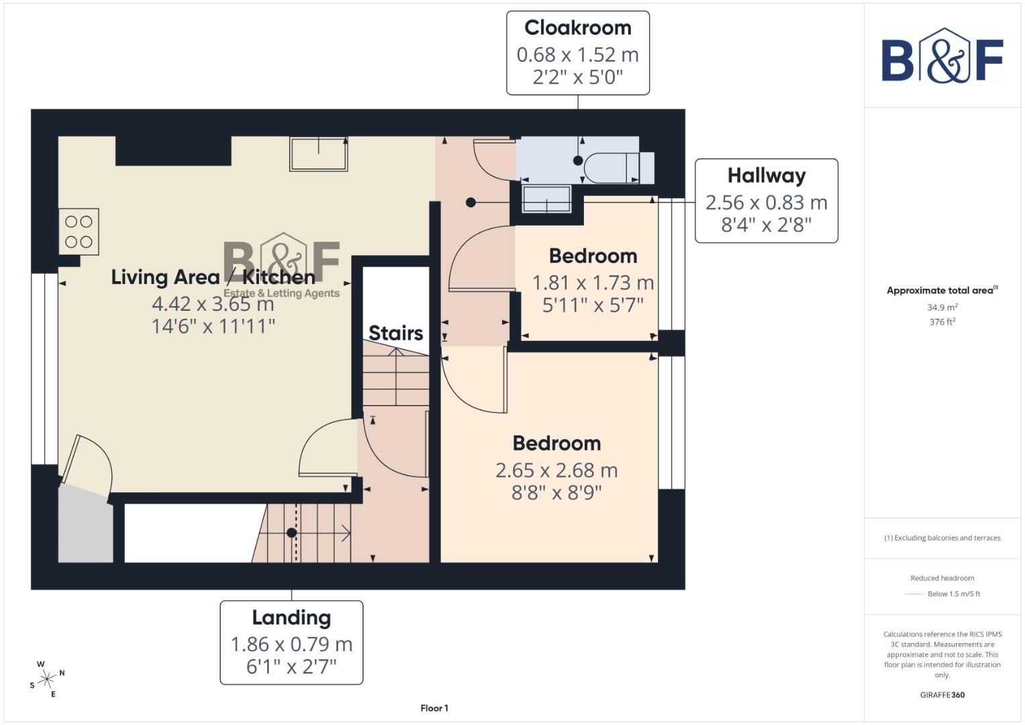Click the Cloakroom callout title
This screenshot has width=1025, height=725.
click(577, 28)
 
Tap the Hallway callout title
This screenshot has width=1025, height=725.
click(766, 176)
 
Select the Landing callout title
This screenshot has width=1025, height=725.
click(291, 618)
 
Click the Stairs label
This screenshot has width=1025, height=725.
click(395, 333)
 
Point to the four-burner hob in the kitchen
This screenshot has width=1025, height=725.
click(79, 232)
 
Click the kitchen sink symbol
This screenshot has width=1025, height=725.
click(318, 154)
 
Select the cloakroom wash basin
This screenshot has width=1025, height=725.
click(546, 199)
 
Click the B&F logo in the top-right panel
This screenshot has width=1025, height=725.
click(942, 56)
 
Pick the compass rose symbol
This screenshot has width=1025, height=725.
click(46, 679)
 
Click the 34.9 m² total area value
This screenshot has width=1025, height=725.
click(942, 307)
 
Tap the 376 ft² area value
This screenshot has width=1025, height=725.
click(942, 322)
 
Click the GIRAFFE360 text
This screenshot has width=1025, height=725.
click(942, 695)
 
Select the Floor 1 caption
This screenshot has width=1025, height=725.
click(434, 708)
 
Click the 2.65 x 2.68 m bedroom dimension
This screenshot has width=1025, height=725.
click(556, 471)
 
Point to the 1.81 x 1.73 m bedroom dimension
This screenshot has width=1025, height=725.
click(593, 283)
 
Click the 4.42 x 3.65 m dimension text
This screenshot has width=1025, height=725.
click(213, 304)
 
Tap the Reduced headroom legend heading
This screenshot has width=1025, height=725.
click(942, 578)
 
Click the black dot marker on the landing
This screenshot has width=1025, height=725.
click(291, 533)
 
